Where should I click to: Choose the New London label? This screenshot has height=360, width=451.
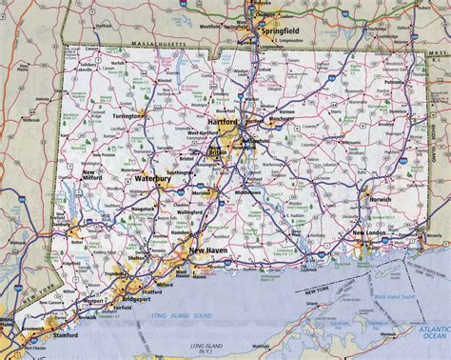[x=370, y=233]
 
